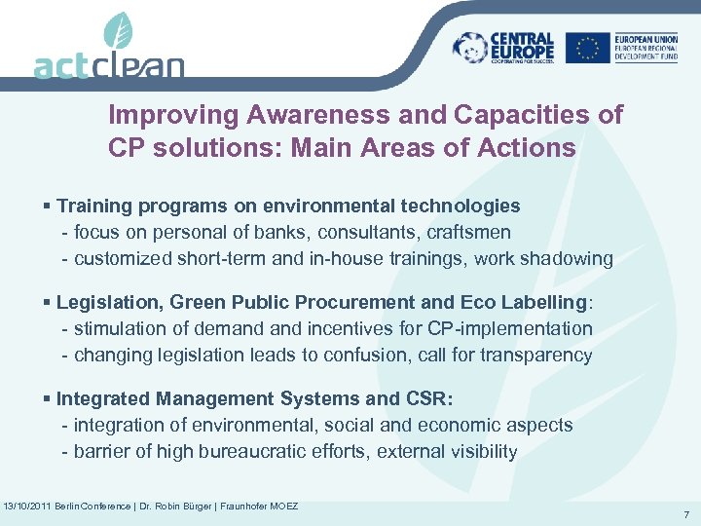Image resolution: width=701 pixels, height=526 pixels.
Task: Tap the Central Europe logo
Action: pos(503,46)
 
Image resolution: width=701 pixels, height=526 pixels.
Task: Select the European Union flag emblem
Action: pos(587,47)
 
